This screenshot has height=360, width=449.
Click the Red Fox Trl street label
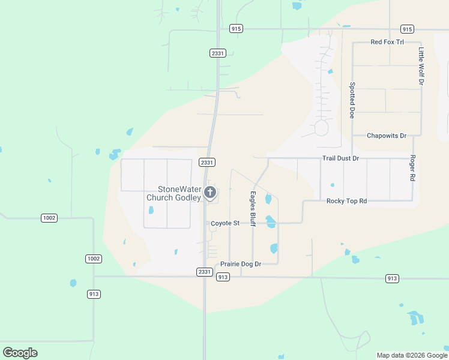(x=387, y=42)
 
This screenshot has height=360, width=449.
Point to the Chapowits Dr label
(x=387, y=136)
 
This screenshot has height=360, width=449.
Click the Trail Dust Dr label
(x=340, y=158)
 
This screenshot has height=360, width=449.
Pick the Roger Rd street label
(x=412, y=169)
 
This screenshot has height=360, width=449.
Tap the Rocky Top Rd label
(x=346, y=201)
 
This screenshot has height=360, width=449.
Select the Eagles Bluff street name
(x=253, y=209)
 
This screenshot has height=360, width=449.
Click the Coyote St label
(x=225, y=223)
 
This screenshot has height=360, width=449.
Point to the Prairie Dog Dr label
(x=241, y=264)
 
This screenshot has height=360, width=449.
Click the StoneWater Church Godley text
(x=174, y=193)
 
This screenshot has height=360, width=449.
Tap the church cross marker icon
(x=210, y=193)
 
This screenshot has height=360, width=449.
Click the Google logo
(x=20, y=353)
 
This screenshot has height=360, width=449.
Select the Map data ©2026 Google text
(x=412, y=355)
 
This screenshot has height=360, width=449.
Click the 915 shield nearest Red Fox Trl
(x=407, y=29)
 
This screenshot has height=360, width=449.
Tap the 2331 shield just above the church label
(x=207, y=163)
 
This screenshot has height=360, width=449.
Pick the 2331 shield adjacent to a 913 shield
(x=204, y=272)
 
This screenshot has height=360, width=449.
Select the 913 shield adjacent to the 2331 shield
(x=223, y=277)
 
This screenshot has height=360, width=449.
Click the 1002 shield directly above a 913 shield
(x=93, y=259)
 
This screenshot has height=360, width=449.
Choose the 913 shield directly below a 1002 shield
(x=93, y=294)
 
